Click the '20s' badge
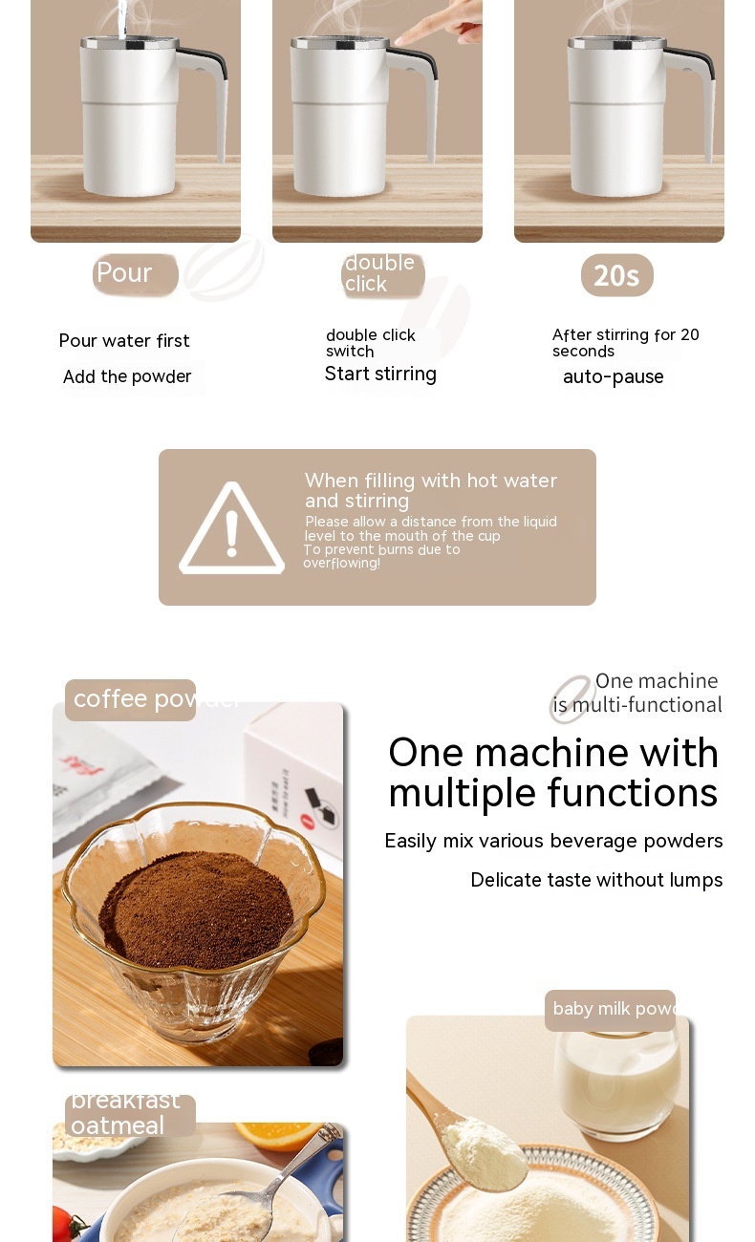tap(616, 275)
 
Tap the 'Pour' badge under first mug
tap(135, 274)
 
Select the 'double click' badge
tap(381, 274)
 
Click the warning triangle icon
tap(231, 529)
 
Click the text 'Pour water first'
tap(124, 341)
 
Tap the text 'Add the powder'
tap(127, 377)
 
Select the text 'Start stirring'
tap(380, 375)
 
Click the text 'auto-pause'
tap(613, 377)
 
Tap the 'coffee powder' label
tap(130, 699)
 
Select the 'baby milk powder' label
tap(610, 1010)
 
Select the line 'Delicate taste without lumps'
tap(596, 880)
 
